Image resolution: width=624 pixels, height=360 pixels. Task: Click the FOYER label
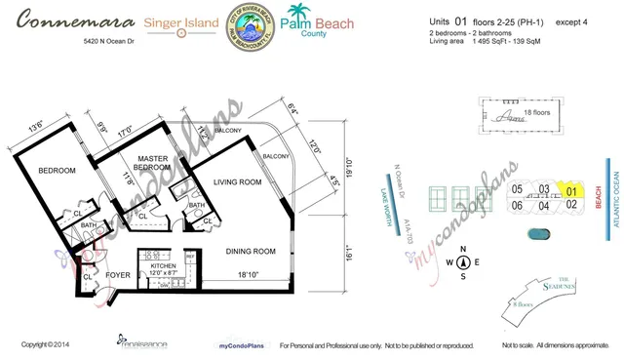click(118, 275)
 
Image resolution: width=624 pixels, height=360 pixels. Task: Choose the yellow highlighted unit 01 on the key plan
click(574, 190)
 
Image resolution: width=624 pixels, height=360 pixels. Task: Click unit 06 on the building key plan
click(518, 205)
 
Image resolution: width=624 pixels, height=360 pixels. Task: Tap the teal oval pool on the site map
click(539, 233)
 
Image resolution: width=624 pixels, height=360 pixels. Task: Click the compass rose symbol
click(463, 262)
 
